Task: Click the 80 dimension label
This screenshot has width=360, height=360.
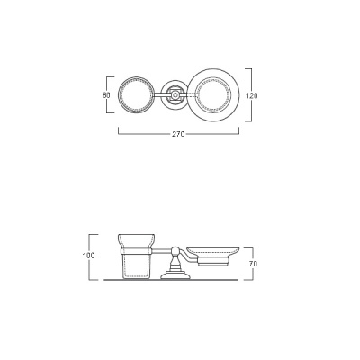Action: (106, 95)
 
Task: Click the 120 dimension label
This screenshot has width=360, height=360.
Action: (252, 96)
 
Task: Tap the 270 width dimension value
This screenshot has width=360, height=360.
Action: (178, 134)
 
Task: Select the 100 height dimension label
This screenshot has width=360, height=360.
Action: (88, 256)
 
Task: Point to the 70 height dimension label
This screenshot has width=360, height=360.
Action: (253, 264)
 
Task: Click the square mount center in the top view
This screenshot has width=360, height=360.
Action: (174, 95)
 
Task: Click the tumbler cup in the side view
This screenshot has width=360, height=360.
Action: (137, 256)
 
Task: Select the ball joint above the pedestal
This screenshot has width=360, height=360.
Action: (175, 251)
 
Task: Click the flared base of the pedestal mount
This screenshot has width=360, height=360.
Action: (175, 274)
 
